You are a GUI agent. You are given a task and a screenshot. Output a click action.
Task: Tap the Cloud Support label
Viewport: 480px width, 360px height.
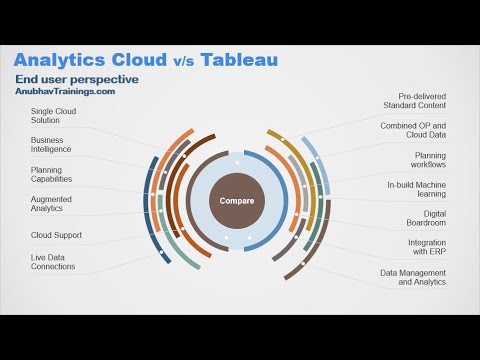coord(56,235)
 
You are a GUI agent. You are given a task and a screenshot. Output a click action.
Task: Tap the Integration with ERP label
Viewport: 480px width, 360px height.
coord(426,247)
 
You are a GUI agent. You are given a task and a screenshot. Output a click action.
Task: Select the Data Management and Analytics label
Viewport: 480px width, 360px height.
coord(412,277)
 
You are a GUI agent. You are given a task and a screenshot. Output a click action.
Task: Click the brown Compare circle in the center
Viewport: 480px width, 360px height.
coord(237,201)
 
